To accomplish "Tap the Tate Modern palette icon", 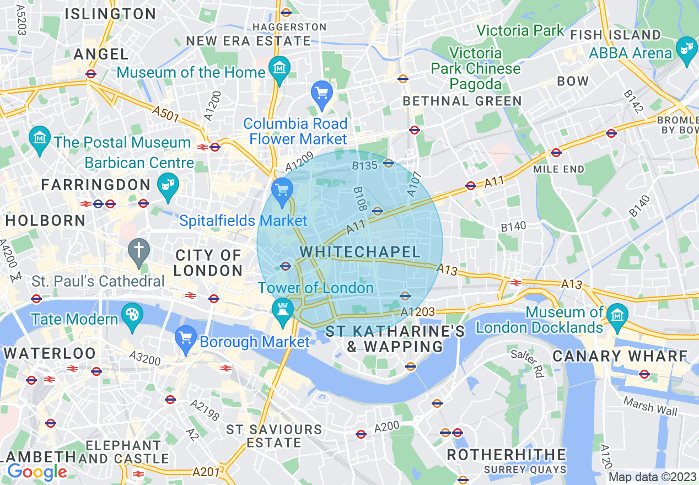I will [132, 316].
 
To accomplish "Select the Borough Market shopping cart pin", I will [185, 338].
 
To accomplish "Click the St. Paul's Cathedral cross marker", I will [138, 251].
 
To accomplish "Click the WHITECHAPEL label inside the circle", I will [360, 252].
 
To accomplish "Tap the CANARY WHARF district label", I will [620, 356].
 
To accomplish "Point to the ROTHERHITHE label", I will [506, 455].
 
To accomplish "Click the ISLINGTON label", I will [110, 14].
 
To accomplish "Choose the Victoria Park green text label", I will [520, 30].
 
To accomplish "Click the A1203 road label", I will [418, 312].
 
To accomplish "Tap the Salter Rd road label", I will [527, 364].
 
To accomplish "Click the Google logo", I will [37, 472].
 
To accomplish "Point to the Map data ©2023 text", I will [653, 477].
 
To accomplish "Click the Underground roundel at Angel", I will [91, 73].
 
